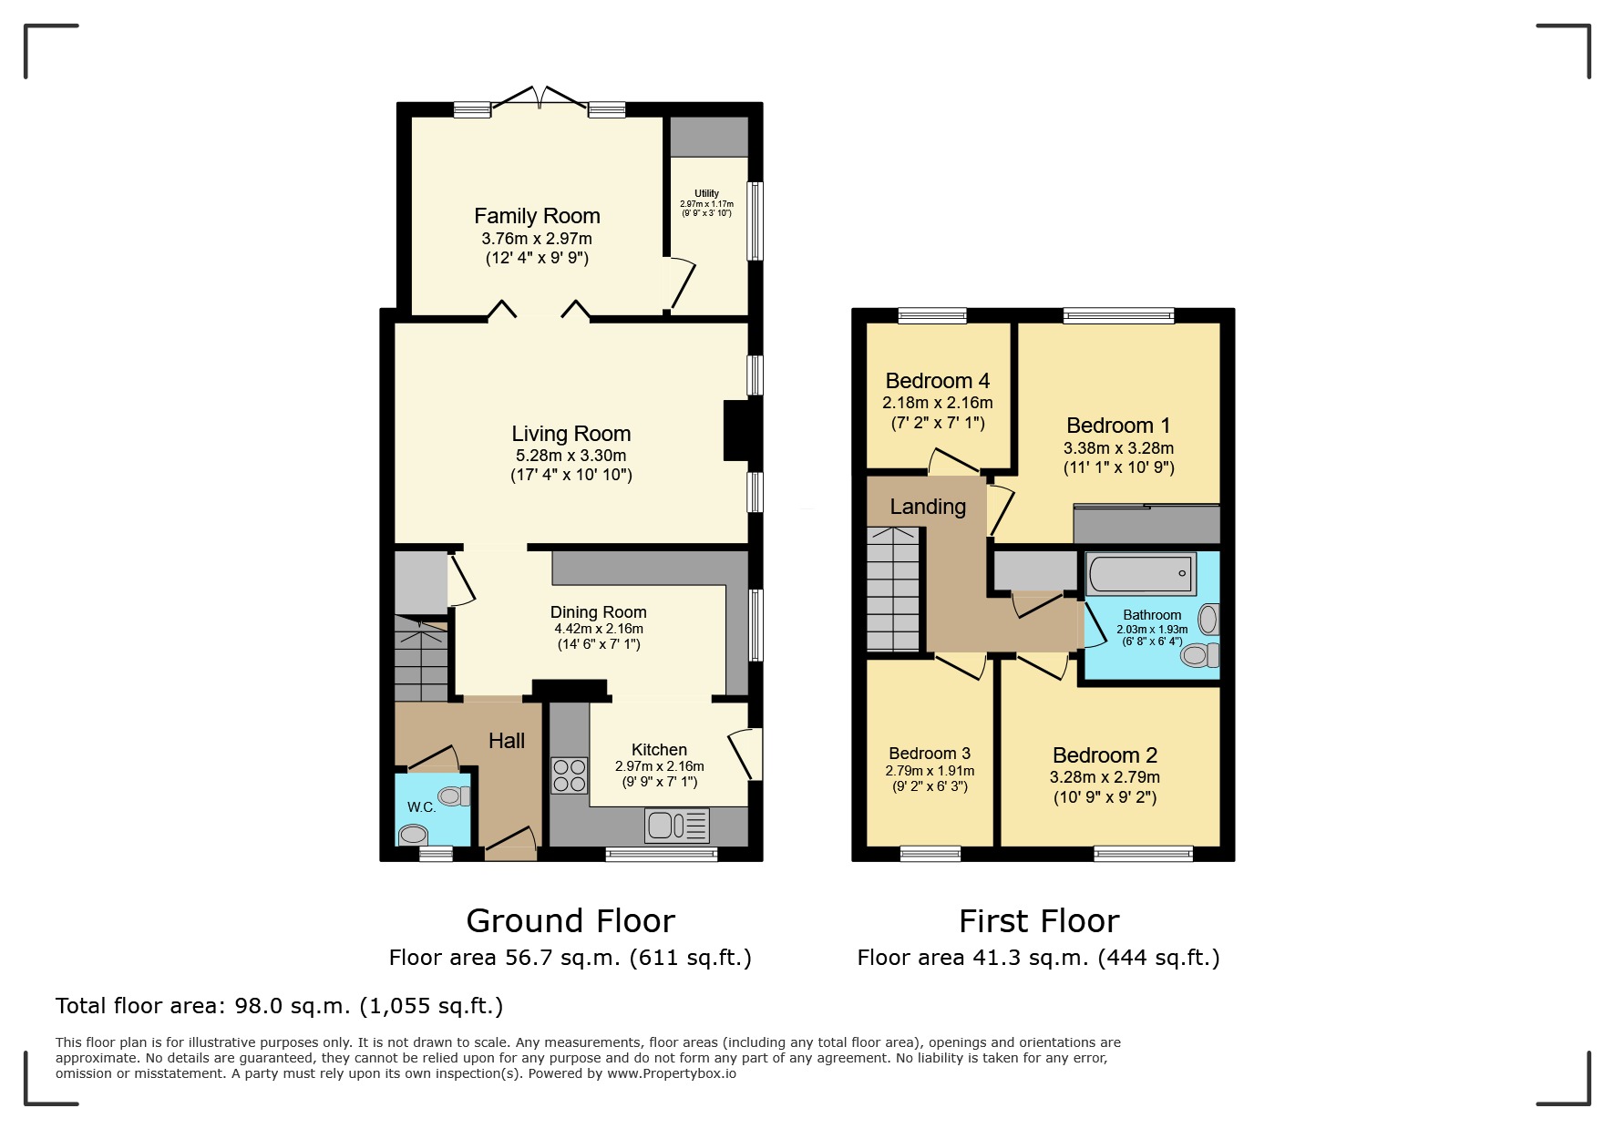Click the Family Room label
tap(537, 216)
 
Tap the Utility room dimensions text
tap(706, 209)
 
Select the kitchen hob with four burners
tap(569, 775)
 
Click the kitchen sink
tap(676, 826)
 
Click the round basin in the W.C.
tap(414, 834)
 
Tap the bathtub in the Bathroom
tap(1141, 574)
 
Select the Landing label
tap(928, 507)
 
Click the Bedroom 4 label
tap(937, 381)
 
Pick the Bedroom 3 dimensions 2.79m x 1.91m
tap(930, 771)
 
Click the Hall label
tap(507, 741)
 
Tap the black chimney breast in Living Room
tap(735, 430)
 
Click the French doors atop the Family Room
tap(540, 98)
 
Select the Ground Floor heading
tap(571, 921)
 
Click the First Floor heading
tap(1038, 921)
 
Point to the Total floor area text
tap(279, 1006)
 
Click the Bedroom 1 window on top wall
tap(1118, 315)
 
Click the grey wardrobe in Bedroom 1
tap(1146, 525)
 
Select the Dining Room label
tap(598, 612)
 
